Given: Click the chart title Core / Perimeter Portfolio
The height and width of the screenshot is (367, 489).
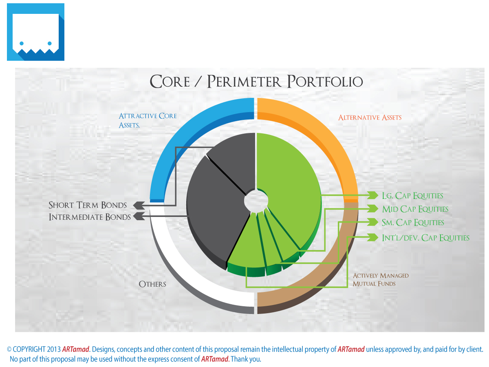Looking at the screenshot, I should [256, 81].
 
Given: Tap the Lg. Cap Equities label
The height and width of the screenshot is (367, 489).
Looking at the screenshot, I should [412, 196].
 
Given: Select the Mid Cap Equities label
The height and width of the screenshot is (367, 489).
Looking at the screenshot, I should [415, 209].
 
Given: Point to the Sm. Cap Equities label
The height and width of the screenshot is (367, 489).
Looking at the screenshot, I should [413, 223].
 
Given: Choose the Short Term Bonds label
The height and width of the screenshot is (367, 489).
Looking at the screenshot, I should [88, 205].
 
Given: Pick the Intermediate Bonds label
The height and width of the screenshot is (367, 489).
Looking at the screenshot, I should [90, 217].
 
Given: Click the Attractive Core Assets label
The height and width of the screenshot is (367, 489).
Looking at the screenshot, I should [148, 120].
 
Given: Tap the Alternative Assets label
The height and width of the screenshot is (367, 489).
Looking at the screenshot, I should [370, 117].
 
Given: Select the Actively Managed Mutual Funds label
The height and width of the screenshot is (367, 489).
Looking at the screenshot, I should [381, 279].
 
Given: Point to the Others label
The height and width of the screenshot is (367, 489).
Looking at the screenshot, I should [152, 284].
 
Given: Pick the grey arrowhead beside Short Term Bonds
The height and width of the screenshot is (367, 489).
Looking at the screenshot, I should [139, 205].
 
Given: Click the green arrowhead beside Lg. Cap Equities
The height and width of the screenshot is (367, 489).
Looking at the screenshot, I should [372, 195].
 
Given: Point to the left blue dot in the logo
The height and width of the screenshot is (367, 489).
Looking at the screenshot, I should [22, 43].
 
